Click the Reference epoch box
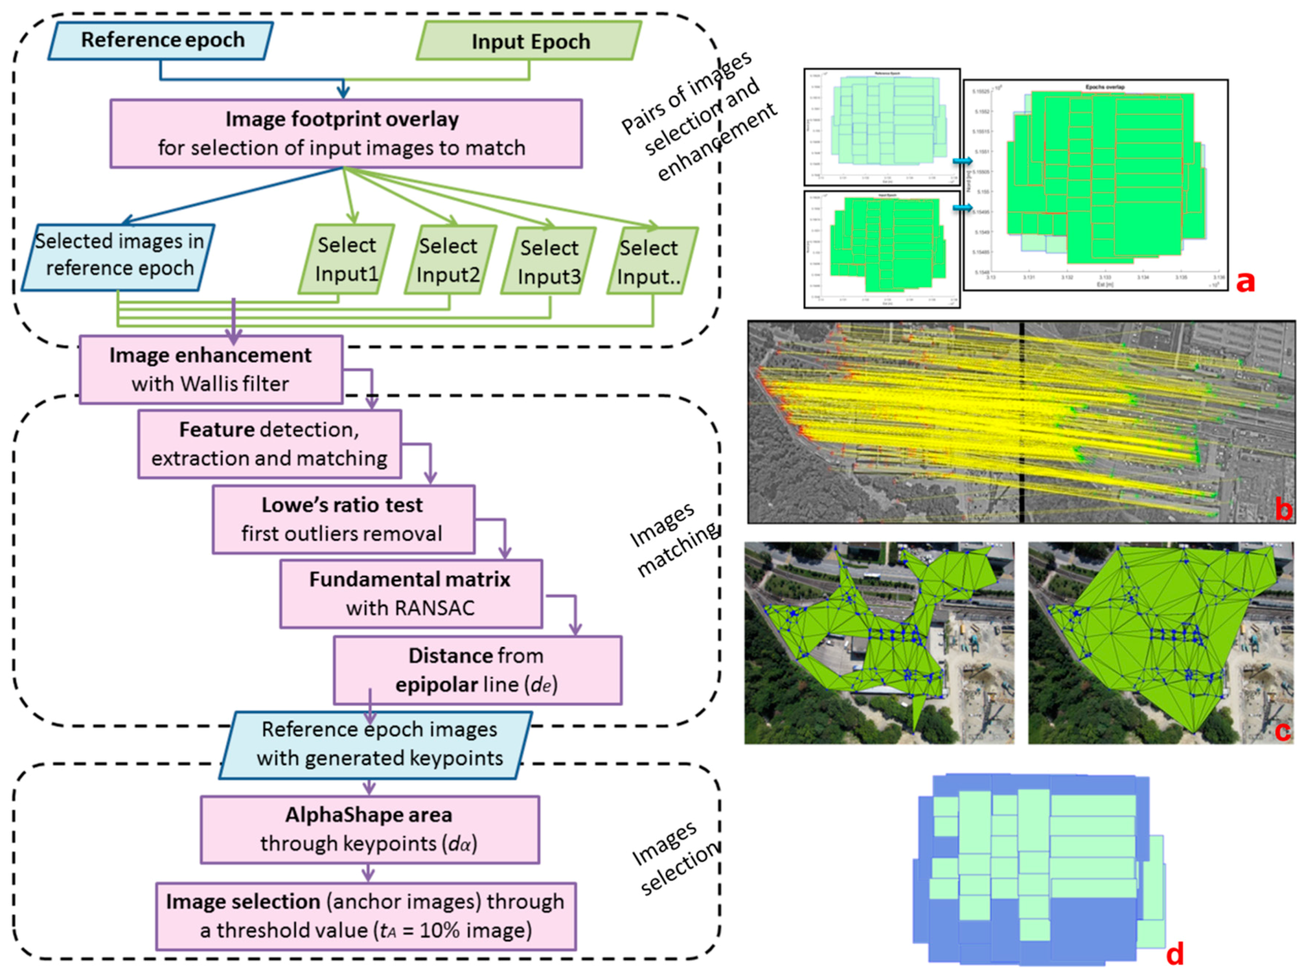160,40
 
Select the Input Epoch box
529,42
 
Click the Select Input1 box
346,259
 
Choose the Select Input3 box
548,262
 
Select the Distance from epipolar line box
477,670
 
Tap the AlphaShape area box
369,829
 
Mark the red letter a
1245,281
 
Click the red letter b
1283,508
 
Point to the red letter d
1175,953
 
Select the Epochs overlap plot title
1105,87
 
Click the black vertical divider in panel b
1022,422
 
